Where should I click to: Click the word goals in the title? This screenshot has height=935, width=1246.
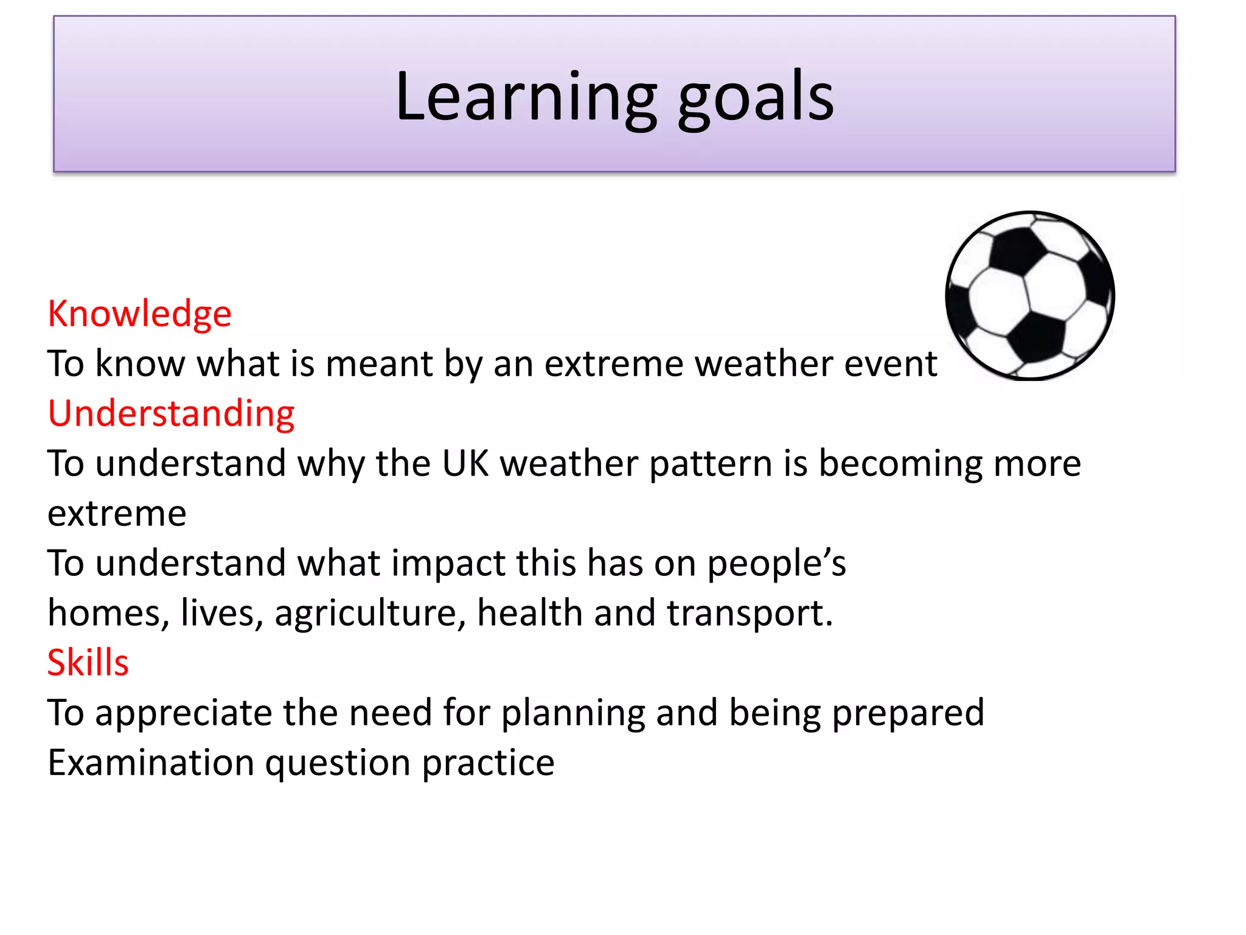[x=756, y=97]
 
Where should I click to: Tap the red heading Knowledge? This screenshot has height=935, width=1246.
[x=139, y=314]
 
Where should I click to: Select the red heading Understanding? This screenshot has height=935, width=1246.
[x=171, y=414]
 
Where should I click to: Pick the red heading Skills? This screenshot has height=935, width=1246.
[x=88, y=662]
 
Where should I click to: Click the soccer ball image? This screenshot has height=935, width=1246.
[x=1029, y=296]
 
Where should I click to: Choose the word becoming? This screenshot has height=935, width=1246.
[x=900, y=464]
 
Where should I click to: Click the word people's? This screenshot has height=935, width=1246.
[x=776, y=563]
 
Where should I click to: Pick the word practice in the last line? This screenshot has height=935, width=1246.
[x=488, y=763]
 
